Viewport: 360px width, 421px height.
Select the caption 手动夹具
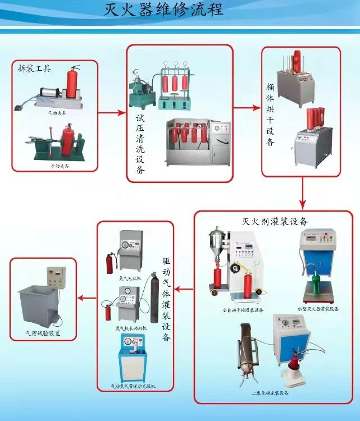tap(57, 167)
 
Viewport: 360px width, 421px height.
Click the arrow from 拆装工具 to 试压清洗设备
tap(112, 113)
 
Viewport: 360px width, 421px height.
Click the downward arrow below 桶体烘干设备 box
tap(303, 194)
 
